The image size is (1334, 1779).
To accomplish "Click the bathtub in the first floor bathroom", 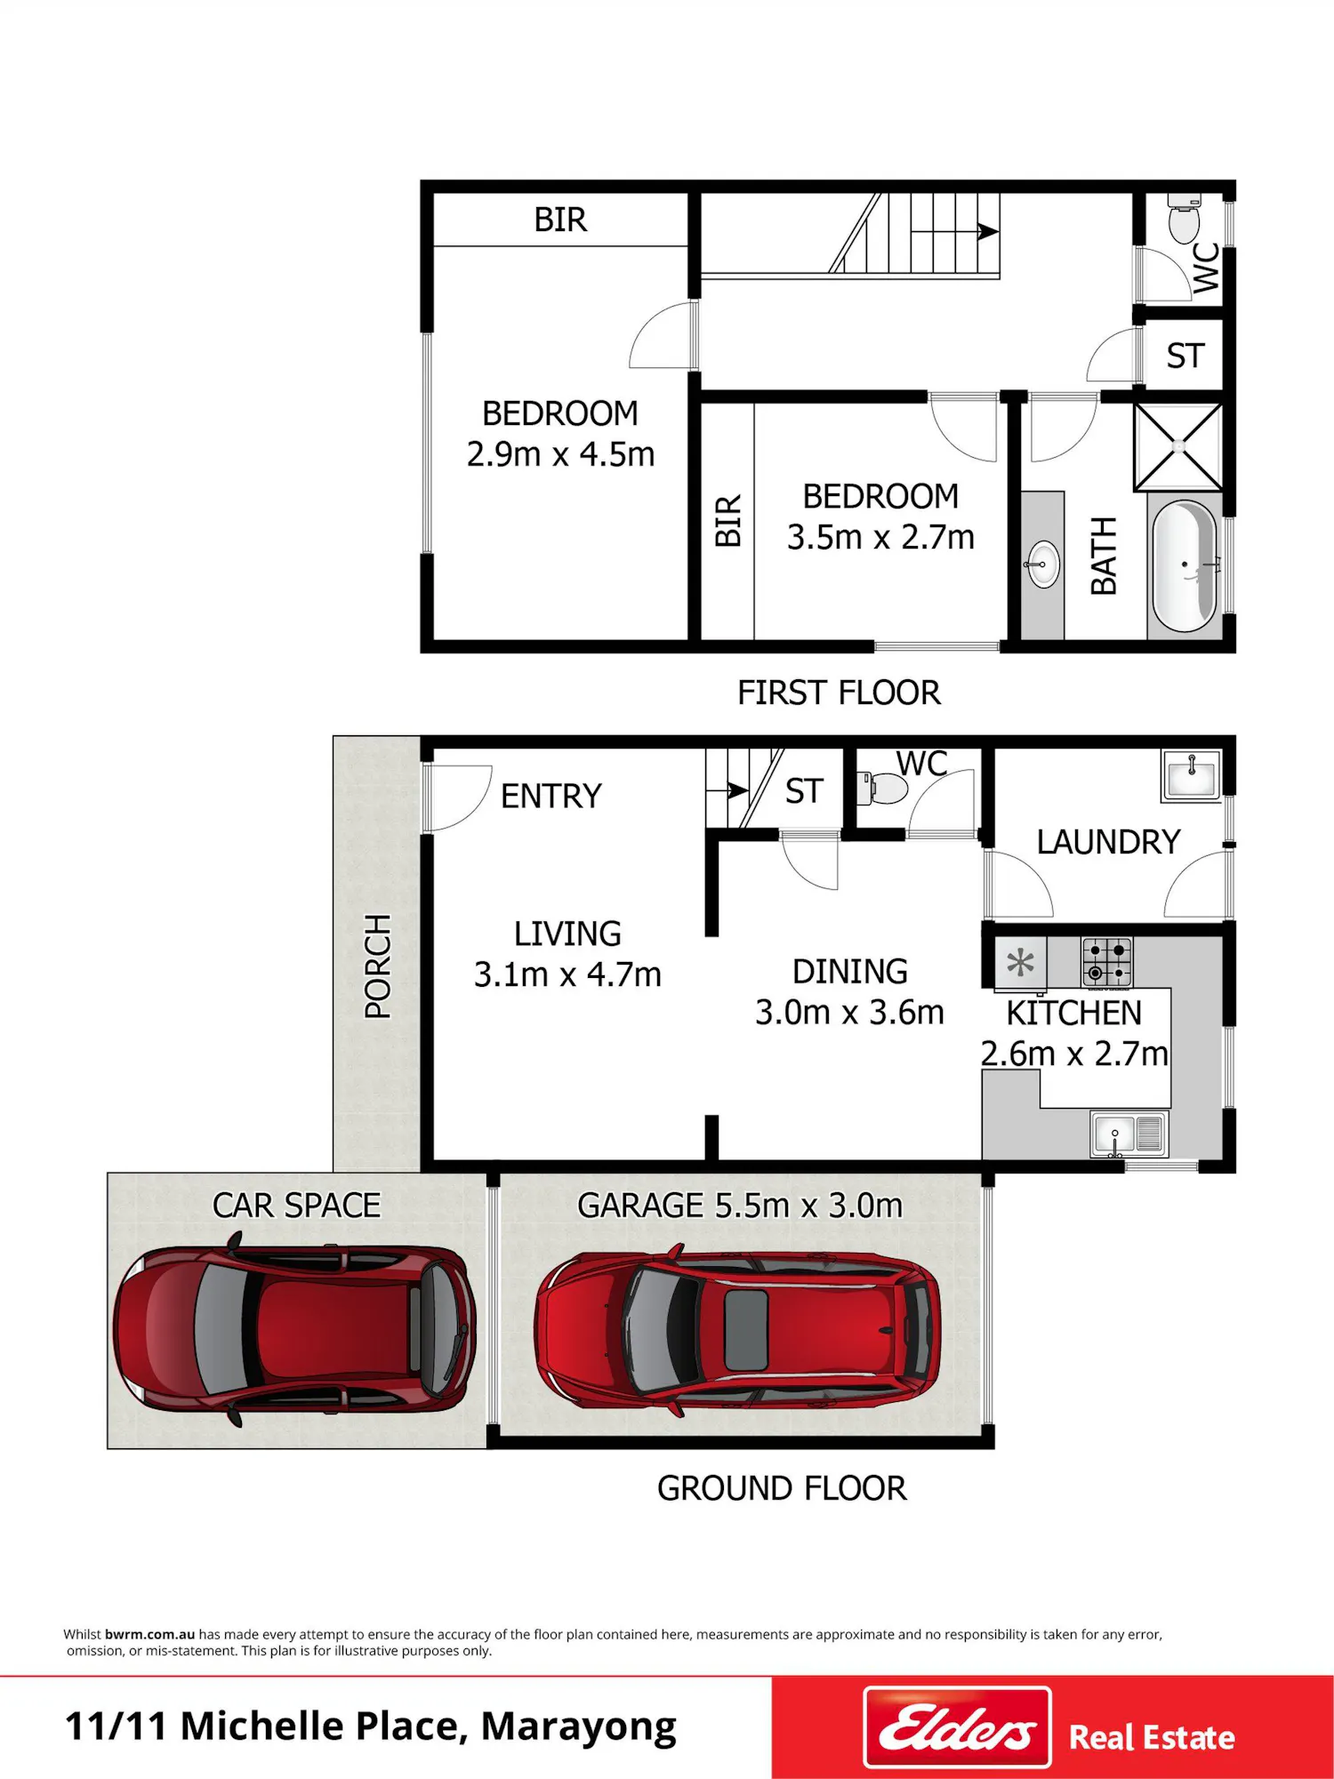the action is [1185, 565].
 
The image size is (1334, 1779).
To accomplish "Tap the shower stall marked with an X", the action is [1178, 446].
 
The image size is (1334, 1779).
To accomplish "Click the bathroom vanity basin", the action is [1043, 564].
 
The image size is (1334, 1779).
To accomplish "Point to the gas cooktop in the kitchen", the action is [1107, 962].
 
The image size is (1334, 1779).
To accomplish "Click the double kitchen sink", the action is [1129, 1134].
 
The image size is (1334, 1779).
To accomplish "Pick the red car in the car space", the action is [294, 1328].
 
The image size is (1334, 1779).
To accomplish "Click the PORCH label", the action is [378, 966].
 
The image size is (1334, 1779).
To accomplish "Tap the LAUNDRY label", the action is [1108, 842].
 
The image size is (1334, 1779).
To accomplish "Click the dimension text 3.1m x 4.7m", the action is [567, 974].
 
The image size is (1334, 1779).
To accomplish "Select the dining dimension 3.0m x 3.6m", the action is [849, 1012].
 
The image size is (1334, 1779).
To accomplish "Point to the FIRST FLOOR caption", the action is [839, 693].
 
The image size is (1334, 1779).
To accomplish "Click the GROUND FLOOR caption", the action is [782, 1488].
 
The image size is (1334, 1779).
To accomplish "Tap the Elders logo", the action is [958, 1727].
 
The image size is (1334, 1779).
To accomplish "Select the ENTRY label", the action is [551, 796].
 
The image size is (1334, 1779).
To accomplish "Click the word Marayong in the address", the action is [579, 1727].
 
